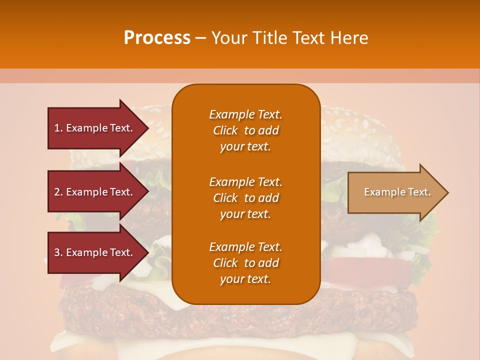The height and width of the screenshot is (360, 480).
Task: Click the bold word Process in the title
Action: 157,38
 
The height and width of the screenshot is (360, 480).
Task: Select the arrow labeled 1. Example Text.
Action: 95,128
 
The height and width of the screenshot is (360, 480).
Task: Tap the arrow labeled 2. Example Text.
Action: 95,192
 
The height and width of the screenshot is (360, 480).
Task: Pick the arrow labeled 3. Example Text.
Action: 95,252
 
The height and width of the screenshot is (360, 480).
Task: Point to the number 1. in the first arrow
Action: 58,128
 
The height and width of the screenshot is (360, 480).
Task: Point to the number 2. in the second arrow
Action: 58,192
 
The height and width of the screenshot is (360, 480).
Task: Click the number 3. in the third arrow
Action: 58,252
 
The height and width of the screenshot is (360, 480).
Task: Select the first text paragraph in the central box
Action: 245,130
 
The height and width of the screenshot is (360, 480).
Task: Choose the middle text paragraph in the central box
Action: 245,198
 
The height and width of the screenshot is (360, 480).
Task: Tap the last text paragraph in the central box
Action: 245,263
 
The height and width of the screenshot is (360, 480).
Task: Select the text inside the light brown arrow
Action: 397,192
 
